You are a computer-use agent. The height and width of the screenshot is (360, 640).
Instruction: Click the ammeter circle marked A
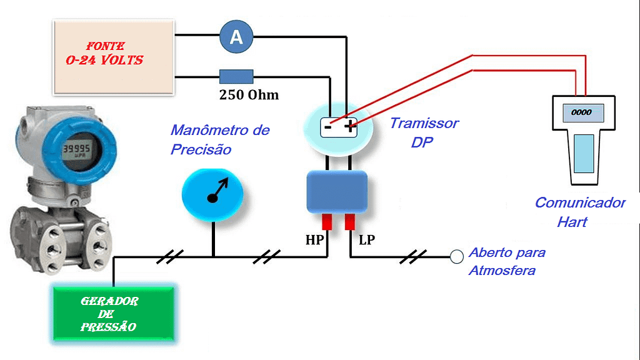[236, 37]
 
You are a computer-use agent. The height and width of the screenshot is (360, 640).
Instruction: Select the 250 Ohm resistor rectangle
[236, 77]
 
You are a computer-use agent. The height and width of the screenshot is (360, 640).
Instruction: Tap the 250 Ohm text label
[249, 96]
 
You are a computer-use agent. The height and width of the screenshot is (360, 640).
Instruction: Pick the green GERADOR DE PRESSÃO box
[113, 314]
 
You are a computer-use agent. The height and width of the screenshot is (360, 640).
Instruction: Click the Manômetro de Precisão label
[219, 139]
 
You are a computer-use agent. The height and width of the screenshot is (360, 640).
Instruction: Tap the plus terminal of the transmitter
[348, 126]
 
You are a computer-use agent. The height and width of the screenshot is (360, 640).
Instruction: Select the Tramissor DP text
[424, 132]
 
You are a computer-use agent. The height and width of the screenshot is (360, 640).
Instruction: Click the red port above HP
[326, 222]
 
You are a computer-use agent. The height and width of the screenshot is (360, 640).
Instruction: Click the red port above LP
[349, 222]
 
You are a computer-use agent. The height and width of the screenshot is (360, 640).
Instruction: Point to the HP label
[314, 240]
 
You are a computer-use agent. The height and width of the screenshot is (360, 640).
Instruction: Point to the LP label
[366, 240]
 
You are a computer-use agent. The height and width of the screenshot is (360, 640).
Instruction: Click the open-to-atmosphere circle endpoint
[457, 256]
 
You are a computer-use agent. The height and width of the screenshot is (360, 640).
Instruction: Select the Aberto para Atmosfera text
[507, 261]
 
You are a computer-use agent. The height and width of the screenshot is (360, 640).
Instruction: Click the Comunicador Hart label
[579, 212]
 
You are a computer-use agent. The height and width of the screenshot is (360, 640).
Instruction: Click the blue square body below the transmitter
[336, 192]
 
